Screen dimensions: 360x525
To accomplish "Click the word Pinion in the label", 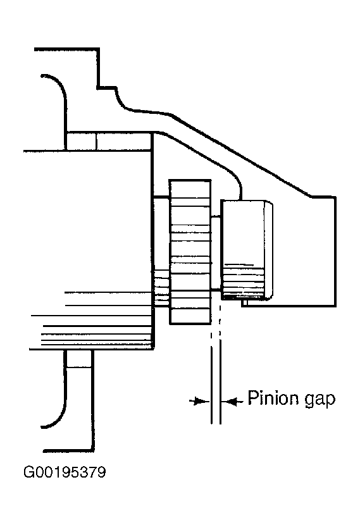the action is click(273, 398).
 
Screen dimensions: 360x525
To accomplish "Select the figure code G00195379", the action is click(65, 472).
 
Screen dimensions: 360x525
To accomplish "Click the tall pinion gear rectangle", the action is click(190, 252).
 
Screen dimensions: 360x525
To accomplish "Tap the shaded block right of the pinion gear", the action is click(246, 249).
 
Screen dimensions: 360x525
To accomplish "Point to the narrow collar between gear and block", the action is click(216, 253).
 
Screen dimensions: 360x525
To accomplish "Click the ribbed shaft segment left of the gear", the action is click(161, 288).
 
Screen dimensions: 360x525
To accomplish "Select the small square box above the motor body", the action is click(82, 141).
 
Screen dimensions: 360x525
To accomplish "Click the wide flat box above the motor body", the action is click(125, 141).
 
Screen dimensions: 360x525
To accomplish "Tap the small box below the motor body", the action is click(79, 358).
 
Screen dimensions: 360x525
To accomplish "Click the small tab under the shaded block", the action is click(245, 302).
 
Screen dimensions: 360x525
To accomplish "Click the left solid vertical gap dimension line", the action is click(211, 386).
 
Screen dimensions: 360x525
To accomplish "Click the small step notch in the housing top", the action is click(107, 88).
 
